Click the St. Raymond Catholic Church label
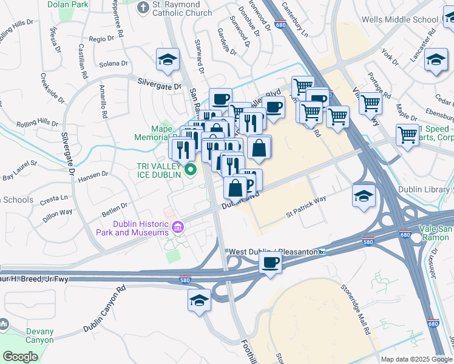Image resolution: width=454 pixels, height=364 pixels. tap(181, 8)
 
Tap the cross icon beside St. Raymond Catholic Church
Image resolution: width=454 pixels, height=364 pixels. tap(143, 8)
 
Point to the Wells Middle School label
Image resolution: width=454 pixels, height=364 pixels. tap(399, 19)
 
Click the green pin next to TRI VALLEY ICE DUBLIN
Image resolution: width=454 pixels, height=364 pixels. tap(191, 169)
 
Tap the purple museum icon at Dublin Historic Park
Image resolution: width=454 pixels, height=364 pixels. tap(177, 227)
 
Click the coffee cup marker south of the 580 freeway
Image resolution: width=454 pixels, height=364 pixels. tap(270, 263)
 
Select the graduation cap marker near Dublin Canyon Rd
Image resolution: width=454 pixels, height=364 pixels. tap(199, 300)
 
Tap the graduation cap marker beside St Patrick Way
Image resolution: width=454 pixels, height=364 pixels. tap(364, 196)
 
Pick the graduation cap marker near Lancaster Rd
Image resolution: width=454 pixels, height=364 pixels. tap(435, 59)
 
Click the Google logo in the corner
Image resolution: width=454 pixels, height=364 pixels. tap(20, 357)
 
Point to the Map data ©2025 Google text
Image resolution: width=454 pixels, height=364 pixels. tap(416, 359)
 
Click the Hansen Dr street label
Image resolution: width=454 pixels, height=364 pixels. tap(92, 175)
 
